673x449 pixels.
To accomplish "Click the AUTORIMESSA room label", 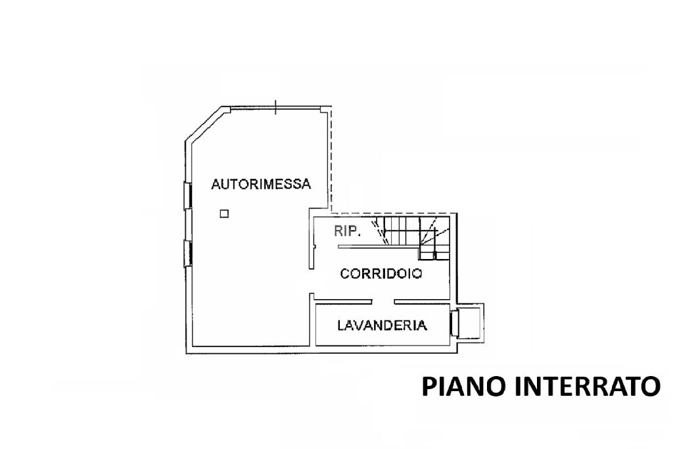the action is click(x=260, y=185).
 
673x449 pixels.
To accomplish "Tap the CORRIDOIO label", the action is click(x=381, y=273).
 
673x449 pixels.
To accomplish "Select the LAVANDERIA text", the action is click(x=382, y=325).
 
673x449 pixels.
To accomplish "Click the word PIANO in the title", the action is click(x=463, y=386).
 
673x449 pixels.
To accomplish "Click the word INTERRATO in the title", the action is click(x=587, y=386).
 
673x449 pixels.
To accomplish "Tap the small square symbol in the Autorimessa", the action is click(x=224, y=213).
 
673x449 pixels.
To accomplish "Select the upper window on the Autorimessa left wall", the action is click(x=187, y=195).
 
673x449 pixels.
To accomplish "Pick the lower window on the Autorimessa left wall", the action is click(x=187, y=253).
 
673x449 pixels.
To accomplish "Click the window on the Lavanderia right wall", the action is click(x=453, y=323).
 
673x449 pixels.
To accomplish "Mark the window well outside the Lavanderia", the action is click(x=471, y=322).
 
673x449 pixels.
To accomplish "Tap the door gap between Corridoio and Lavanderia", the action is click(x=383, y=302).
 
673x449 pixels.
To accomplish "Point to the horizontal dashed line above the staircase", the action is click(x=394, y=213).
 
